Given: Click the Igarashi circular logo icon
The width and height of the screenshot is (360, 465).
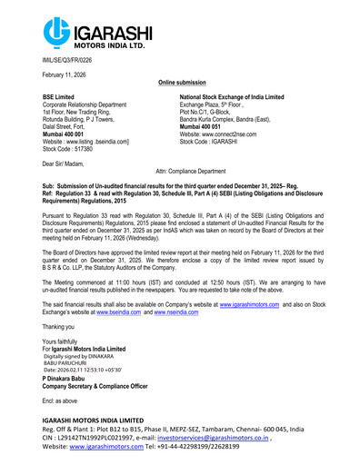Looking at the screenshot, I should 56,32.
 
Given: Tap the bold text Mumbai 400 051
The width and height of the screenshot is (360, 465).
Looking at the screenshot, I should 205,126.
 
